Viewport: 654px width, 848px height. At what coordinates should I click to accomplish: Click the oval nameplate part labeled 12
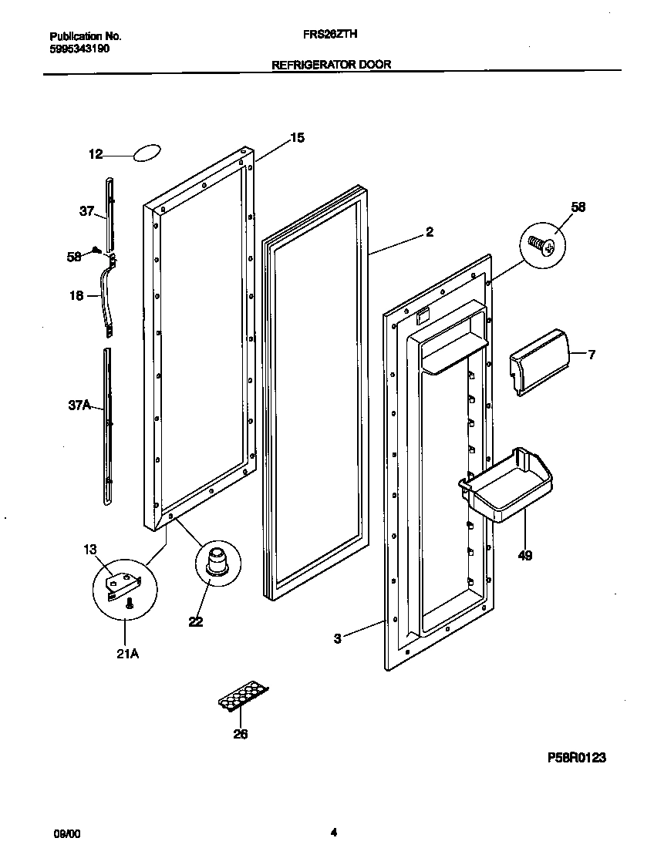point(147,153)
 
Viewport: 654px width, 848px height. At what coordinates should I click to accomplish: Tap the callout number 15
point(297,138)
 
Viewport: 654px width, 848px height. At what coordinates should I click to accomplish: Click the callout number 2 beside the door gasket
point(430,231)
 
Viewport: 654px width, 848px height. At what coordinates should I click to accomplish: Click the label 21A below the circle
point(128,655)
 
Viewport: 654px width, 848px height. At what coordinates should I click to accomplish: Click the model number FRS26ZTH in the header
point(331,35)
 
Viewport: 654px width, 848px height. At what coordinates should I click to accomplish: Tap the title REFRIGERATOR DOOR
point(331,65)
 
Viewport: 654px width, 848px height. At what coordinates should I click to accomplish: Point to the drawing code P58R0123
point(576,759)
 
